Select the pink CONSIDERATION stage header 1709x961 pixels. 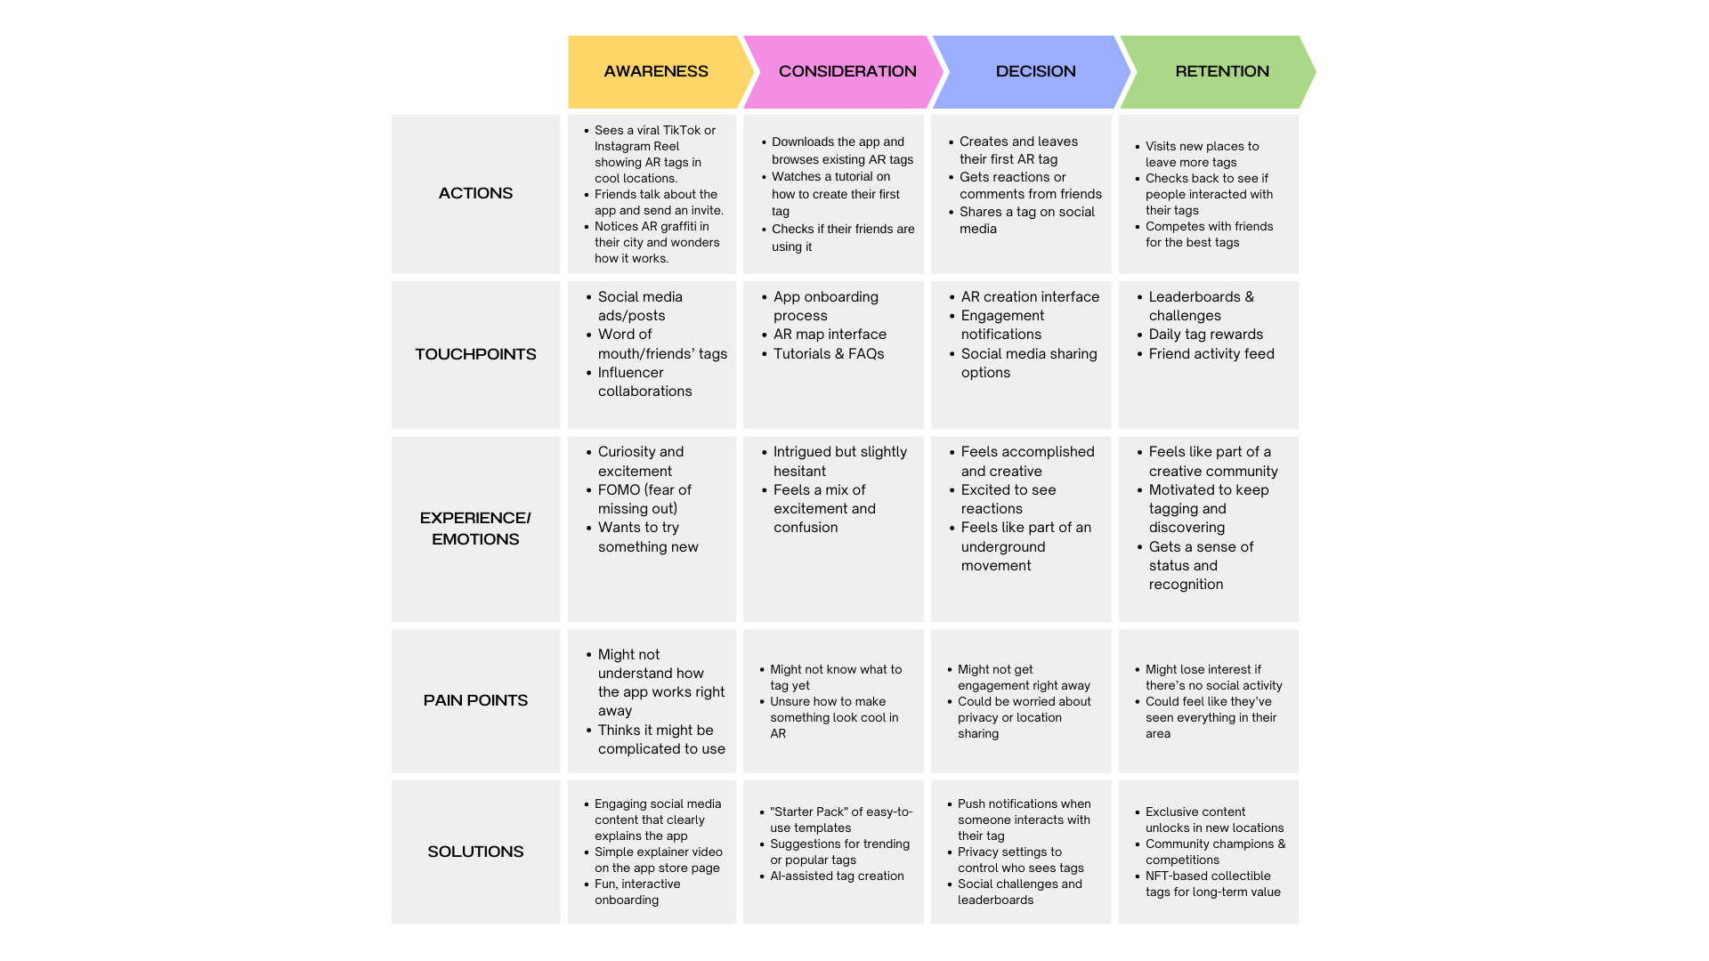(846, 71)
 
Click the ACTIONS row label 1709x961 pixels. (475, 193)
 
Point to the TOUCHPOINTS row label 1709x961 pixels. (475, 354)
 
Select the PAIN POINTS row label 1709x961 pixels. (475, 700)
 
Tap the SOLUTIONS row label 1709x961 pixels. (475, 852)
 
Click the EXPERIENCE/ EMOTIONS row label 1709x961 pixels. (475, 529)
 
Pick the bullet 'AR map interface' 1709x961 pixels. (830, 335)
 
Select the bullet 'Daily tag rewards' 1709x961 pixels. (1205, 335)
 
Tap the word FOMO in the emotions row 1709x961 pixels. (620, 489)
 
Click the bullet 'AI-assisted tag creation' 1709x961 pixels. (837, 876)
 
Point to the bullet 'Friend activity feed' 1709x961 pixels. (1211, 354)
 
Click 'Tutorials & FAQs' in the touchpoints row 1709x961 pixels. (829, 354)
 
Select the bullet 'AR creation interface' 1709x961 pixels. (1030, 297)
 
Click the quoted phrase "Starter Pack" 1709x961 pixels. (808, 812)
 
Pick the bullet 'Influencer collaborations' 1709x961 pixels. (644, 382)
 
